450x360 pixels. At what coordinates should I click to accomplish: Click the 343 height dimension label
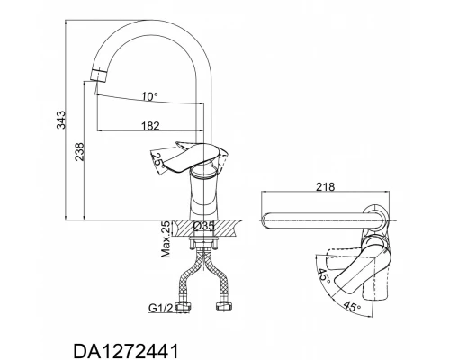(x=61, y=120)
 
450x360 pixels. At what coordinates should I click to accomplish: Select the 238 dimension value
(x=79, y=152)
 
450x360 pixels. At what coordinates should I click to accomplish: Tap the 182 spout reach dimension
(x=150, y=126)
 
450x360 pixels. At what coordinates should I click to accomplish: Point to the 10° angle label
(x=150, y=96)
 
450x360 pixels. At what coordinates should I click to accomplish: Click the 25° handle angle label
(x=158, y=160)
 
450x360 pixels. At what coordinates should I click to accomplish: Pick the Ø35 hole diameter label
(x=203, y=226)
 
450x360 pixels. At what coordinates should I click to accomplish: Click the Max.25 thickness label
(x=166, y=239)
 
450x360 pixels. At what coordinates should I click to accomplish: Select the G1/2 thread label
(x=161, y=308)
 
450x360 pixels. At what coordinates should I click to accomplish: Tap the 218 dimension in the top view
(x=325, y=187)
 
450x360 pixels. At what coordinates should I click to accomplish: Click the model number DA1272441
(x=126, y=351)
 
